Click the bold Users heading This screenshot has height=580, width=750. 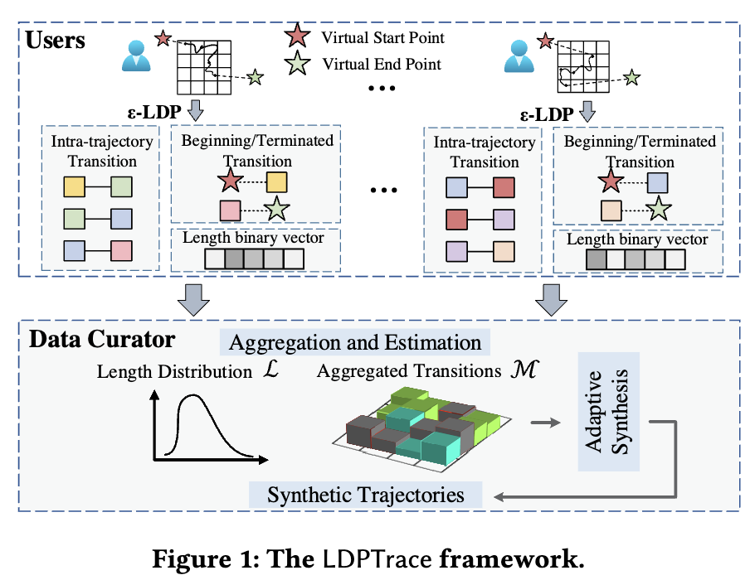click(x=56, y=39)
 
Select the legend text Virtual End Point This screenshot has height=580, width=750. click(x=382, y=63)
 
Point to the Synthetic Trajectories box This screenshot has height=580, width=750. click(x=366, y=495)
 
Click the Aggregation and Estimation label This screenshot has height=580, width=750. click(x=355, y=342)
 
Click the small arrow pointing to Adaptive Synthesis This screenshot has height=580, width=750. click(x=545, y=423)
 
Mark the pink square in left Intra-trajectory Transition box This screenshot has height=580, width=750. click(x=123, y=249)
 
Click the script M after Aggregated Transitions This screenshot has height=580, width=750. click(x=524, y=370)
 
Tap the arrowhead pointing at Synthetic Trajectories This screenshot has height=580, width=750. click(x=498, y=495)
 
